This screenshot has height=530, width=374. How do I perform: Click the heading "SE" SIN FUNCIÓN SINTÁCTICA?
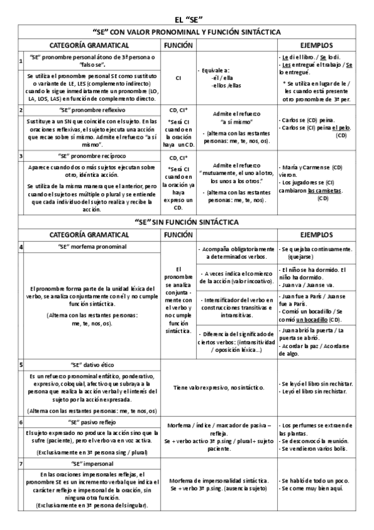click(x=187, y=222)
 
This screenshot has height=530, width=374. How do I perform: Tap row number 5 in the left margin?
click(x=21, y=364)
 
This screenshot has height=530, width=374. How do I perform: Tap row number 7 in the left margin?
click(x=21, y=464)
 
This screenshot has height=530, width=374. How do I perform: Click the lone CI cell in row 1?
click(x=178, y=79)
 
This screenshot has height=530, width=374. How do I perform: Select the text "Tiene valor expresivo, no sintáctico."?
click(x=219, y=387)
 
